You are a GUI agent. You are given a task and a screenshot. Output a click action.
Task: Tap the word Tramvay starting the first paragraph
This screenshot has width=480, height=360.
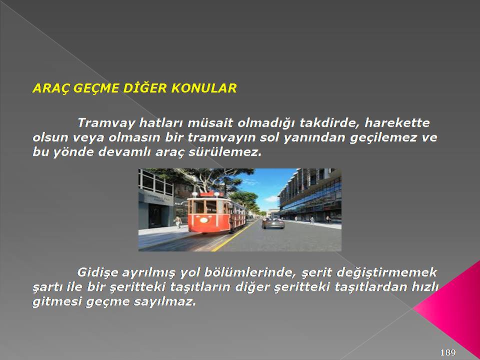tap(106, 123)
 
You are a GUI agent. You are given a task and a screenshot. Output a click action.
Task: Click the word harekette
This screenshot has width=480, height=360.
tap(397, 123)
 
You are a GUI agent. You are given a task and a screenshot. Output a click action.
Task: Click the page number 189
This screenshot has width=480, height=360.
tap(448, 352)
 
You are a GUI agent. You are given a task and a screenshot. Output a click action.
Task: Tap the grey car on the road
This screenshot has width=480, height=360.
tap(273, 223)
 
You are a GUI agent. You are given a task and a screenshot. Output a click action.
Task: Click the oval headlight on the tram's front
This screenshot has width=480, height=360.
tap(204, 220)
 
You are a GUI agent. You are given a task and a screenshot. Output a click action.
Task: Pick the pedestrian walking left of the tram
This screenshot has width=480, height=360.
tap(177, 222)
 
